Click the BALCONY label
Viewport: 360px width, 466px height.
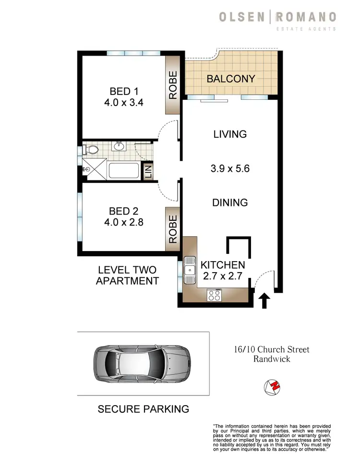pyautogui.click(x=230, y=79)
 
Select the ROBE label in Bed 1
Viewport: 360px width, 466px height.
pyautogui.click(x=173, y=85)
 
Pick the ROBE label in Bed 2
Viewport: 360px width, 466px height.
pyautogui.click(x=173, y=228)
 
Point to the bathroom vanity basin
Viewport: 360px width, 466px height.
pyautogui.click(x=119, y=146)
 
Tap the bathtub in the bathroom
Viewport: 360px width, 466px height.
pyautogui.click(x=124, y=170)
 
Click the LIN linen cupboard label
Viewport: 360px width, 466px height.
pyautogui.click(x=148, y=170)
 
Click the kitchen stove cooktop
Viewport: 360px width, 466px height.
pyautogui.click(x=214, y=295)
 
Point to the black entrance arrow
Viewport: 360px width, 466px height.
pyautogui.click(x=264, y=301)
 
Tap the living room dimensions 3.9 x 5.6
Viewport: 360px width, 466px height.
pyautogui.click(x=230, y=168)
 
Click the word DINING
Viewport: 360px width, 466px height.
pyautogui.click(x=230, y=203)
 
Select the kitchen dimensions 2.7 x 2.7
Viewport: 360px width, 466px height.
pyautogui.click(x=223, y=276)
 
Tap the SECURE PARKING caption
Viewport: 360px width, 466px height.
pyautogui.click(x=143, y=409)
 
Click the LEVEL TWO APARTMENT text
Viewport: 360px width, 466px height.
pyautogui.click(x=127, y=276)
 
